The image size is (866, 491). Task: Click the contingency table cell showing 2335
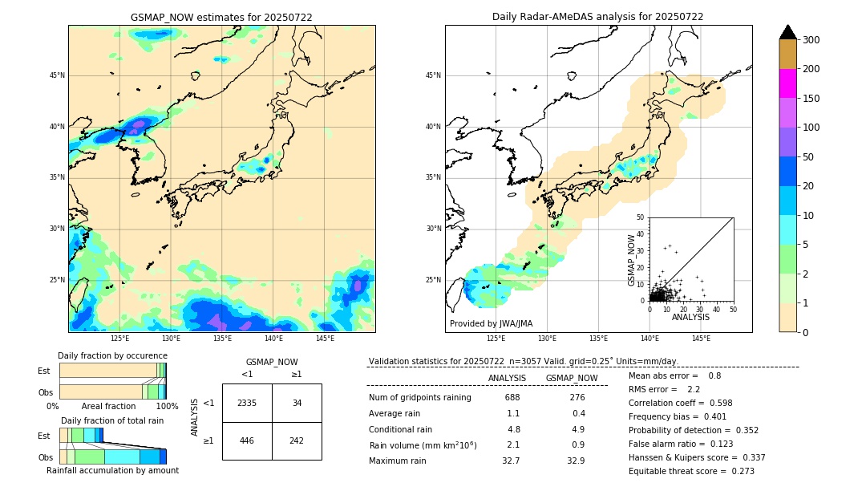click(247, 403)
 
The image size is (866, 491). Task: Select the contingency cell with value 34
click(297, 403)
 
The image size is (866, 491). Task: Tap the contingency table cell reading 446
click(247, 440)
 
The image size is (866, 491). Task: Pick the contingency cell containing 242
click(297, 440)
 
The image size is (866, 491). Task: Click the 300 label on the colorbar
click(811, 40)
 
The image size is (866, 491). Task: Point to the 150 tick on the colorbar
click(811, 99)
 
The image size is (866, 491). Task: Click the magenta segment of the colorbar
click(788, 83)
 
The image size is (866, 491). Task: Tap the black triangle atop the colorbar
click(788, 32)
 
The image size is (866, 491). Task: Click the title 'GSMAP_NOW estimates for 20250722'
click(221, 17)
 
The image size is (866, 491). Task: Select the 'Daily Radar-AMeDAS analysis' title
click(597, 17)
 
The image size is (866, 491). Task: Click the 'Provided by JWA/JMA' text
click(491, 324)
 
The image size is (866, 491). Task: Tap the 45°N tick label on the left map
click(57, 75)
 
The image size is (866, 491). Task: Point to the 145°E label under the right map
click(701, 339)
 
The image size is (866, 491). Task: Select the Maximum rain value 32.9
click(576, 461)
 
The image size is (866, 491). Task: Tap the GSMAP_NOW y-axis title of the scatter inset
click(632, 260)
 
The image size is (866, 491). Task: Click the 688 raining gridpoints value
click(512, 397)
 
